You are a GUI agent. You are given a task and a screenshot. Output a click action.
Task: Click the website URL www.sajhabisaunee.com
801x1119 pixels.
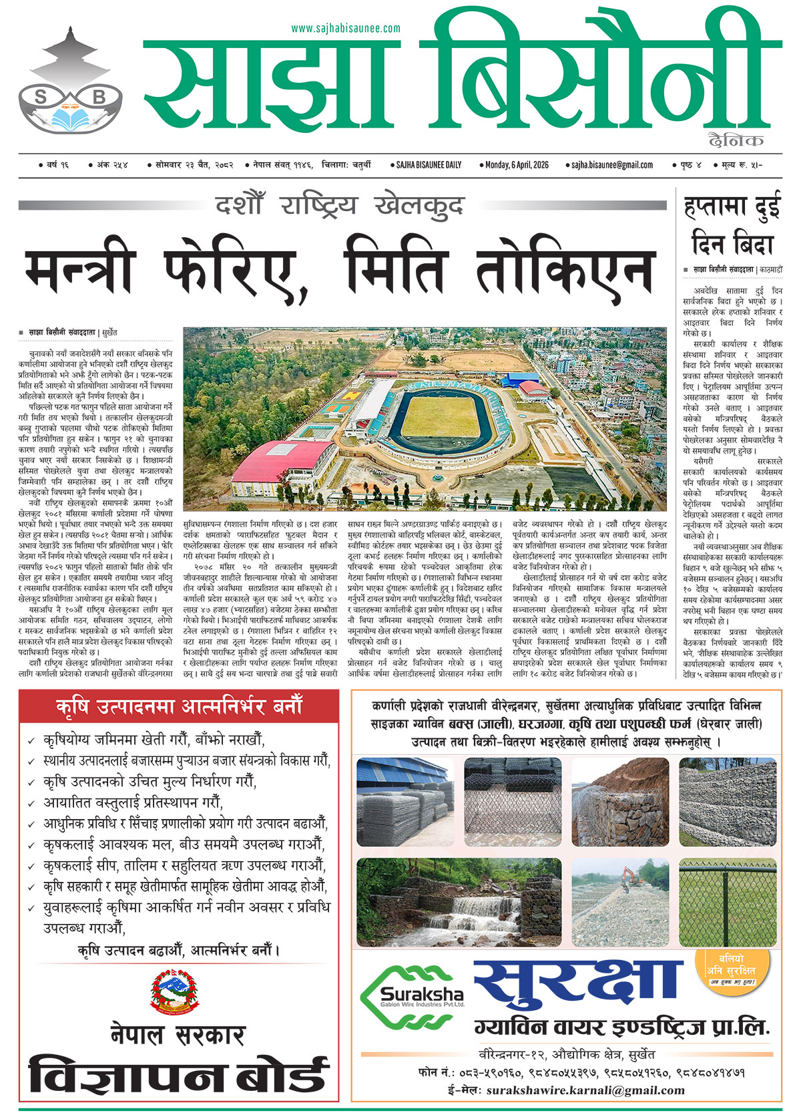coord(346,29)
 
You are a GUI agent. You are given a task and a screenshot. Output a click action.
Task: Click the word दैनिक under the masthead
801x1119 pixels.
coord(736,140)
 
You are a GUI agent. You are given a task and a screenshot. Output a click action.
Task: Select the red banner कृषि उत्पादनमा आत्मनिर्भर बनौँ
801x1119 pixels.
coord(179,706)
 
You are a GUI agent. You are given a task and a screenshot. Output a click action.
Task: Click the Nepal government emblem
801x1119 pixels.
coord(176,992)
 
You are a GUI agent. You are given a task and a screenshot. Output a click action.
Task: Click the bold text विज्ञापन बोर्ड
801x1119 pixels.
coord(178,1076)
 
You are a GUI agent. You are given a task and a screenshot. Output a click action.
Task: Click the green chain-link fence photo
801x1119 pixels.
coord(729,901)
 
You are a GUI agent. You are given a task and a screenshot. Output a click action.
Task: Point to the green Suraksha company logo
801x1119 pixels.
coord(413,997)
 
